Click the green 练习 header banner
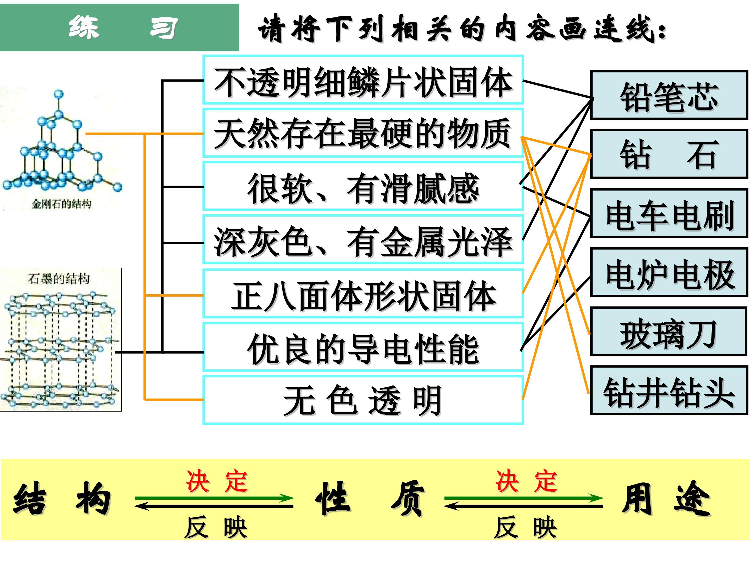(119, 27)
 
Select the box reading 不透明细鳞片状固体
(363, 79)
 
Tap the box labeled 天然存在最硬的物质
(363, 132)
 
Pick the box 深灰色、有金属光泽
(363, 239)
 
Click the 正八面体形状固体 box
(363, 293)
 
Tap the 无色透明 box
(363, 400)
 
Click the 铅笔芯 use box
(669, 95)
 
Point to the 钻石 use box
(669, 154)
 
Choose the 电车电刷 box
(669, 213)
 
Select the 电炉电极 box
(669, 272)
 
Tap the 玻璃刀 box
(669, 331)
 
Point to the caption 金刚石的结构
(62, 204)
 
